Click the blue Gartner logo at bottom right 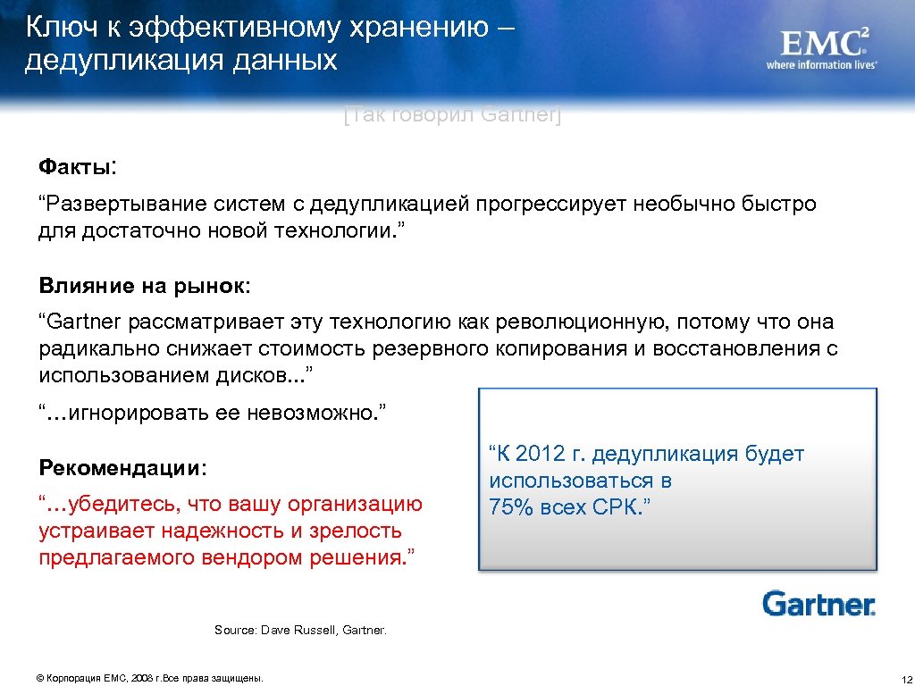coord(818,604)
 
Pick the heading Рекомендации coord(122,468)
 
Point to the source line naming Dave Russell coord(300,631)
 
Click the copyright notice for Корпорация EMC coord(150,678)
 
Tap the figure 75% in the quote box coord(510,508)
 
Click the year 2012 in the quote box coord(541,455)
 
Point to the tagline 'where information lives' coord(821,65)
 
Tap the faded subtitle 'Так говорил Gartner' coord(451,115)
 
